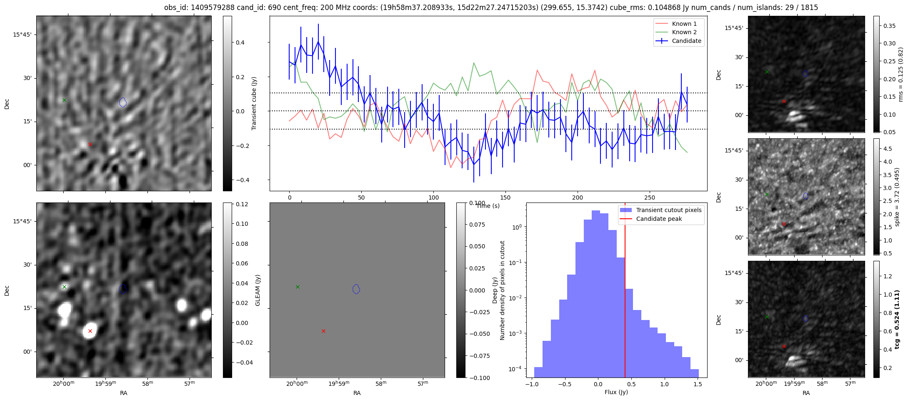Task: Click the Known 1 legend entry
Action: click(684, 24)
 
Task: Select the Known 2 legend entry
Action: click(684, 32)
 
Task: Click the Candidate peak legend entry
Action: click(659, 219)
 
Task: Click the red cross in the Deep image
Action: click(90, 331)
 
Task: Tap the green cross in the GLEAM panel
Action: click(298, 287)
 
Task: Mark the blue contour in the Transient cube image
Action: click(123, 102)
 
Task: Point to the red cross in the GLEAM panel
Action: click(323, 331)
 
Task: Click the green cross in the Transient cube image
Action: click(64, 100)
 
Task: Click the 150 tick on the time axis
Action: click(505, 197)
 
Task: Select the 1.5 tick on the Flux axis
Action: click(698, 384)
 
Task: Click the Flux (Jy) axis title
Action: click(616, 392)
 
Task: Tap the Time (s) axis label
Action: click(488, 206)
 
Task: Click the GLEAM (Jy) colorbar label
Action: click(258, 290)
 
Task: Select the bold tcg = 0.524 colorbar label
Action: click(897, 319)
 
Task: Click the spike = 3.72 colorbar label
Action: click(897, 197)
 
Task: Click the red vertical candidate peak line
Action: click(625, 292)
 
